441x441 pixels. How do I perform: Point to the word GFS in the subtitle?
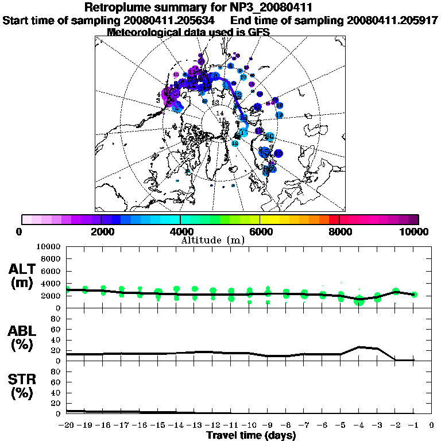click(x=258, y=32)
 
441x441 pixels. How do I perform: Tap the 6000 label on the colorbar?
click(x=261, y=231)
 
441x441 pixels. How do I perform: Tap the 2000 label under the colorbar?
click(x=101, y=231)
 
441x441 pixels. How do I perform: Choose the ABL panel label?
click(x=23, y=338)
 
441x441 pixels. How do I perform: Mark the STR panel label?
click(x=23, y=386)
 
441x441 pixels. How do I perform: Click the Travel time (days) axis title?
click(x=251, y=436)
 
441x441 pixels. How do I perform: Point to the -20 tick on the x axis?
click(x=67, y=425)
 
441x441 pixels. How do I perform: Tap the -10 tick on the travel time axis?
click(x=249, y=425)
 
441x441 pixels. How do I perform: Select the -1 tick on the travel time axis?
click(x=413, y=425)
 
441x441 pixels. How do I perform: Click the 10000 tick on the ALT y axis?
click(x=49, y=246)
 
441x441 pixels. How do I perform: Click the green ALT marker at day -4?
click(x=359, y=300)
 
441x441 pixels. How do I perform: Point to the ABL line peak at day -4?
click(x=359, y=347)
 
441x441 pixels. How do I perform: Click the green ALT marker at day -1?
click(x=414, y=295)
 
